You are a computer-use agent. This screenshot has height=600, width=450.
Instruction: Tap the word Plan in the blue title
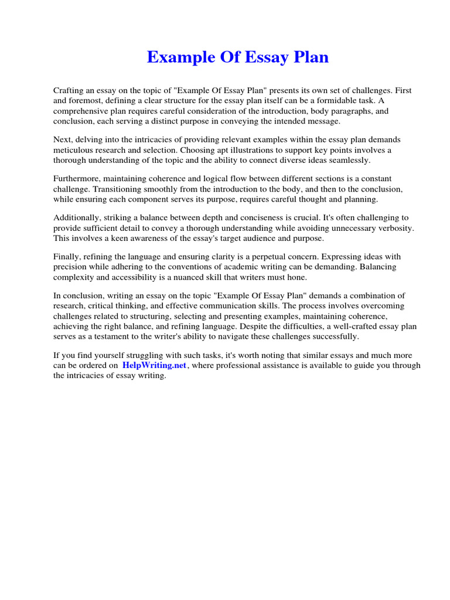tap(309, 57)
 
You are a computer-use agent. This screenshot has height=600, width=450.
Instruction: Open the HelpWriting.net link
tap(154, 365)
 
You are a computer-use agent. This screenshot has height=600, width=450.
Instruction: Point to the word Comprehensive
tap(83, 110)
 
